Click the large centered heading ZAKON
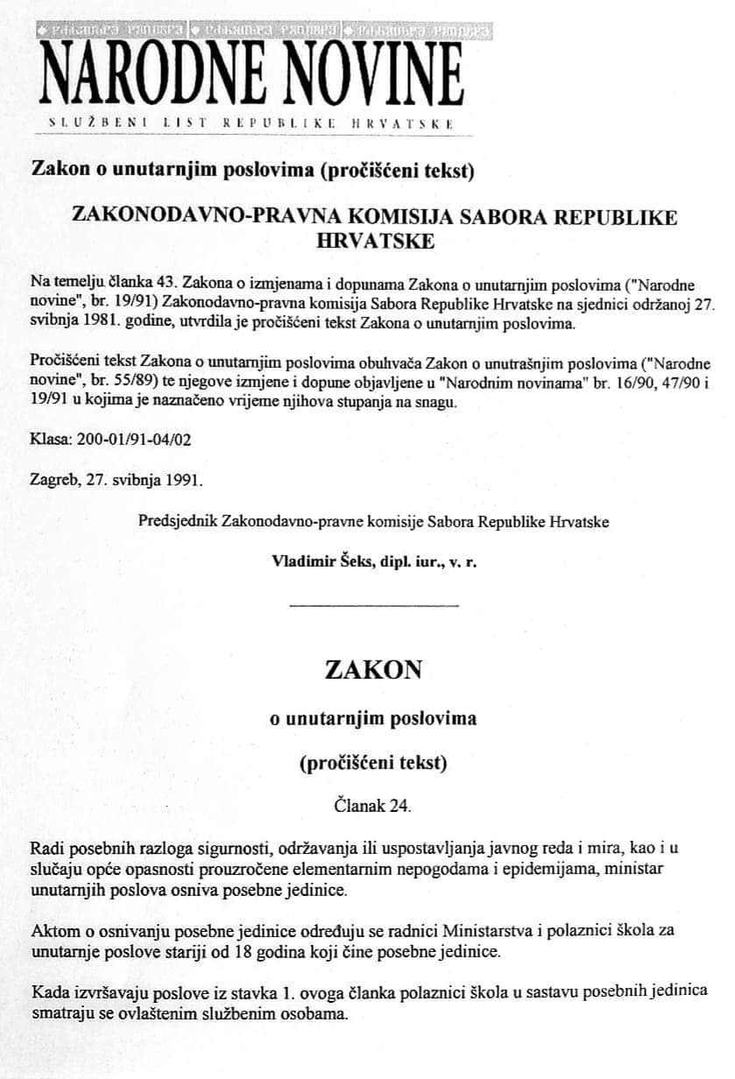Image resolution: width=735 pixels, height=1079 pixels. click(x=373, y=670)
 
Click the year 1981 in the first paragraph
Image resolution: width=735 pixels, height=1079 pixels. click(x=103, y=323)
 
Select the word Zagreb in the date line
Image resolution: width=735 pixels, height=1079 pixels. click(x=51, y=481)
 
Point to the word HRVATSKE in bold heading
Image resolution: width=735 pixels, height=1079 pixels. click(x=374, y=241)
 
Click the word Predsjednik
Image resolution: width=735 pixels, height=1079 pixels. click(x=178, y=522)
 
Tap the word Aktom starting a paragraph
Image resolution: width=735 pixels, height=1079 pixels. click(x=50, y=929)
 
